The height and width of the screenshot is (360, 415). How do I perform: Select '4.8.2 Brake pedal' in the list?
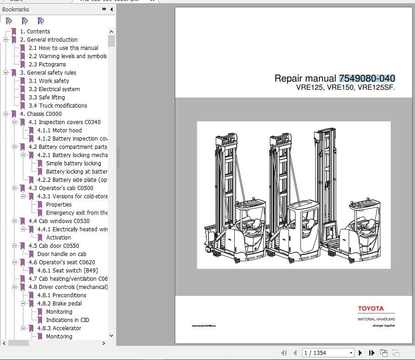pyautogui.click(x=60, y=304)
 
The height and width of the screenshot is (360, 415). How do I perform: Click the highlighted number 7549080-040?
pyautogui.click(x=367, y=78)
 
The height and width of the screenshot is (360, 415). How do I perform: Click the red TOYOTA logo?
pyautogui.click(x=371, y=309)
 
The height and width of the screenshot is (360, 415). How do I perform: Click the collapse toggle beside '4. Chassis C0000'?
pyautogui.click(x=6, y=114)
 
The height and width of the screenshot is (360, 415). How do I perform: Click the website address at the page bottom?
pyautogui.click(x=204, y=326)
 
